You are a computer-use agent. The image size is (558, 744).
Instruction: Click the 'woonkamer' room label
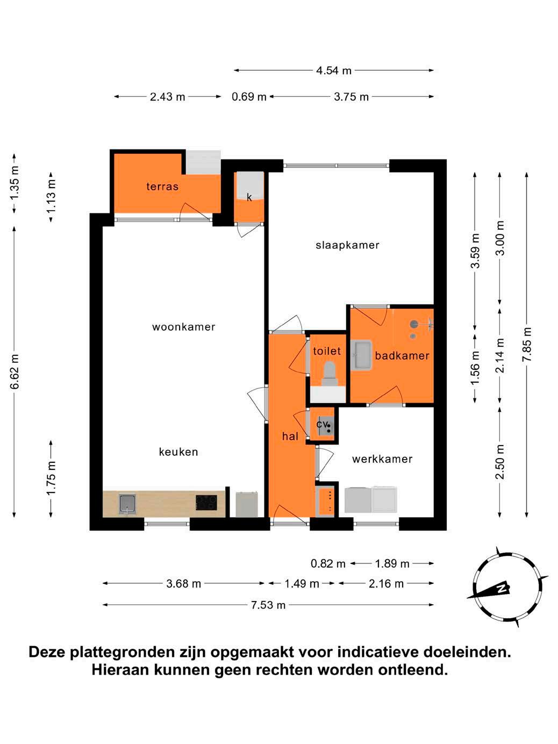click(x=183, y=327)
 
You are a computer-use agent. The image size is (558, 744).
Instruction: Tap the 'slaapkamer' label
click(x=347, y=245)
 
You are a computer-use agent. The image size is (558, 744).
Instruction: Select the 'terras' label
click(x=162, y=186)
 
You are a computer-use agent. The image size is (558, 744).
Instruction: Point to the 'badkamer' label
click(x=402, y=355)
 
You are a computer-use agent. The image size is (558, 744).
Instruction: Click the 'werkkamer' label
click(x=382, y=459)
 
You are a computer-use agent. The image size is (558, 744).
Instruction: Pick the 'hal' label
click(x=290, y=436)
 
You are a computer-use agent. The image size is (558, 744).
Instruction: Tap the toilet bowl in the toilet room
click(x=330, y=373)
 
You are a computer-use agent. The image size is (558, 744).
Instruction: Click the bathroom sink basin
click(x=361, y=355)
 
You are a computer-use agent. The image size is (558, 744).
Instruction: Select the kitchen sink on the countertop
click(x=128, y=504)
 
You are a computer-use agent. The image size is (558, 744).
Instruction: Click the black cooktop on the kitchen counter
click(x=206, y=502)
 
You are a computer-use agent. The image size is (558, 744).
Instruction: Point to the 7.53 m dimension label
click(x=268, y=605)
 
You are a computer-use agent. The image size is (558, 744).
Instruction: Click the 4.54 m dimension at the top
click(x=334, y=70)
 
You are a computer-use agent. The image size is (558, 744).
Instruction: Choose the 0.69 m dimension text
click(x=249, y=97)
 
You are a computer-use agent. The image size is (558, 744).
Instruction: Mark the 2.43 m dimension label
click(x=167, y=97)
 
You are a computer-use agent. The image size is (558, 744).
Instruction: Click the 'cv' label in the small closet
click(x=322, y=424)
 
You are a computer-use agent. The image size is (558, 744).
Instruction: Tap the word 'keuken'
click(x=178, y=452)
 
